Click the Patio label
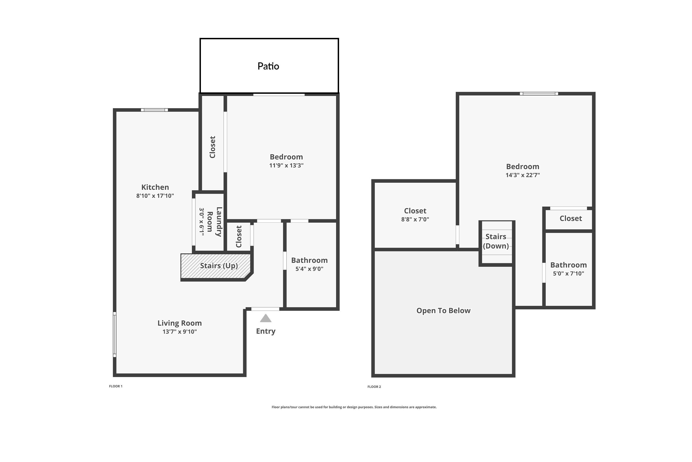click(268, 66)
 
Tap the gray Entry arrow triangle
click(266, 318)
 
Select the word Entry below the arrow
click(266, 331)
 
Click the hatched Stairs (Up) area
click(217, 266)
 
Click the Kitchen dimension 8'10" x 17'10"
click(155, 196)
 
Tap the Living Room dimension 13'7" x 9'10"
click(180, 332)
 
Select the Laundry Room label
click(215, 222)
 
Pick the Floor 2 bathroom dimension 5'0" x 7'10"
click(568, 274)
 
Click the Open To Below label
click(443, 311)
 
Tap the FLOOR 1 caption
click(116, 386)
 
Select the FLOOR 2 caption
click(374, 387)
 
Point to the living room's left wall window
click(115, 334)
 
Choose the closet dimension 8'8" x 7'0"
click(415, 219)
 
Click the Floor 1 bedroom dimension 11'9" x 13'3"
click(286, 166)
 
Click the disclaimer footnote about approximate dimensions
click(354, 407)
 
